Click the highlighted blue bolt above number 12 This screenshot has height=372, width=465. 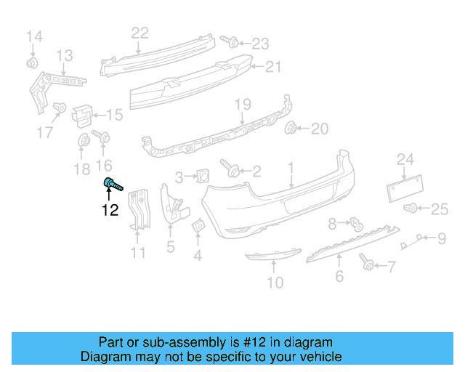click(x=112, y=184)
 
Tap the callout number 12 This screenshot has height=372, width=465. click(x=110, y=211)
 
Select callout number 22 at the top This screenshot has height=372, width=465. click(x=139, y=33)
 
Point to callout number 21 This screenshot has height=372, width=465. click(x=272, y=67)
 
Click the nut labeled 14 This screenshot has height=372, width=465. click(x=33, y=63)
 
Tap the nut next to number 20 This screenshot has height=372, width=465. click(x=292, y=129)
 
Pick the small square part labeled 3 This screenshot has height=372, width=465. click(x=203, y=174)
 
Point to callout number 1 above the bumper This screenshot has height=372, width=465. click(x=291, y=169)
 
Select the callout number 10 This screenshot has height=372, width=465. click(x=275, y=283)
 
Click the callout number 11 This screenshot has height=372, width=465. click(x=138, y=253)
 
